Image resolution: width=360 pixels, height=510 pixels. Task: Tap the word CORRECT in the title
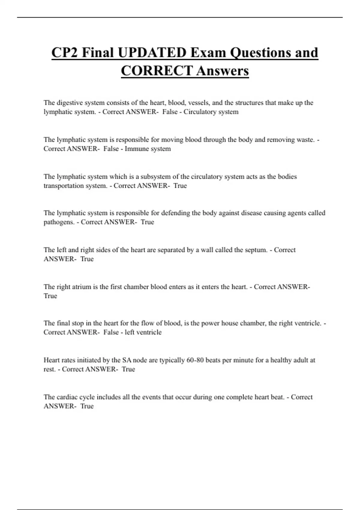(156, 71)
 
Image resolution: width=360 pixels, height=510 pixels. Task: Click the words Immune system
(148, 149)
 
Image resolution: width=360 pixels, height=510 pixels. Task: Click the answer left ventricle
(143, 332)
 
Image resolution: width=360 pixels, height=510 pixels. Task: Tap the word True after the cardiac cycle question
(87, 406)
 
